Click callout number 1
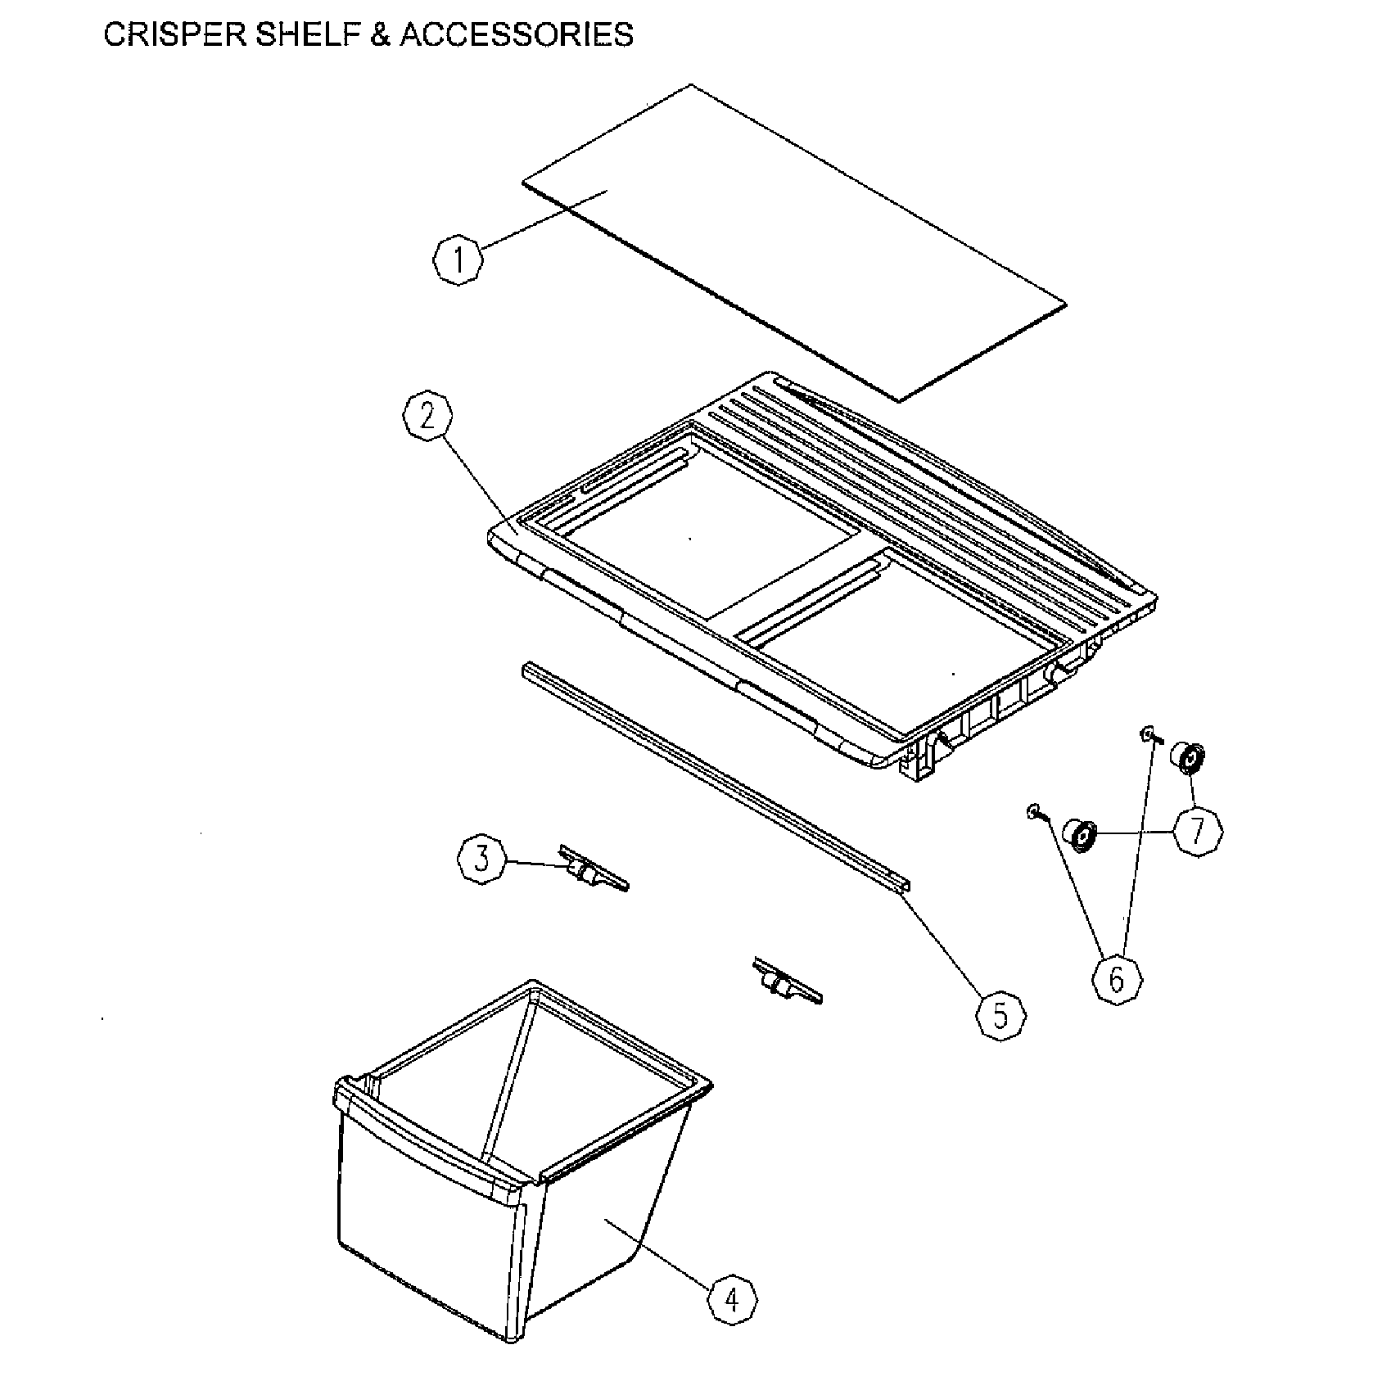(x=458, y=260)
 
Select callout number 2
(x=427, y=417)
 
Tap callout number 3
(x=482, y=859)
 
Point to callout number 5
(x=1000, y=1016)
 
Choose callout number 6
(x=1118, y=979)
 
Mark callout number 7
(x=1198, y=833)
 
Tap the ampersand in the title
(x=380, y=35)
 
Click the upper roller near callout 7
(x=1188, y=757)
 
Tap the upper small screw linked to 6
(x=1147, y=735)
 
